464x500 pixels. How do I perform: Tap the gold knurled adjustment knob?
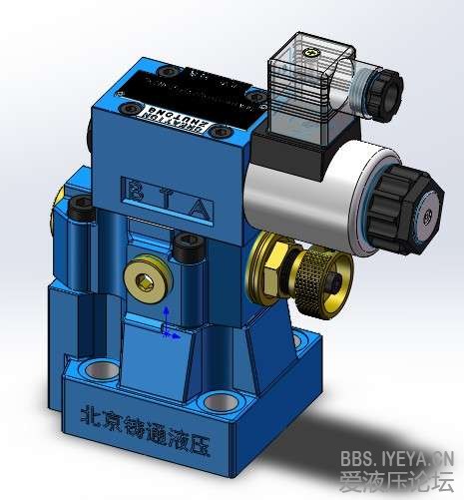pyautogui.click(x=324, y=272)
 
